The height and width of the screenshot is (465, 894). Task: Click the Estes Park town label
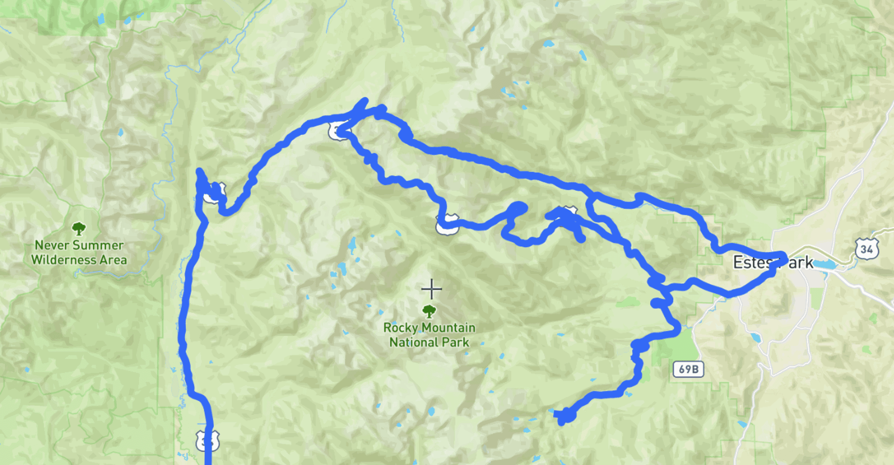click(773, 263)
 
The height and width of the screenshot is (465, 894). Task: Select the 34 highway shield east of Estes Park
click(867, 249)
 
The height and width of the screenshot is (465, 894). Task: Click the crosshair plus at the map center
click(432, 289)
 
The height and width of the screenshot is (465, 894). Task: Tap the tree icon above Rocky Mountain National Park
click(429, 311)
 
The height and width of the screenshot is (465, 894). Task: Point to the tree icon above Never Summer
click(79, 228)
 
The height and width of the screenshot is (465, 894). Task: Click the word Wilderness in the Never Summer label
click(64, 260)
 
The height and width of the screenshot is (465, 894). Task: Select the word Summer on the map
click(99, 245)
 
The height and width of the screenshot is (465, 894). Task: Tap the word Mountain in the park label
click(448, 328)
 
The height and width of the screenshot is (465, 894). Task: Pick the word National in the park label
click(410, 342)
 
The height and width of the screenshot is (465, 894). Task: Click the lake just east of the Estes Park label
click(825, 264)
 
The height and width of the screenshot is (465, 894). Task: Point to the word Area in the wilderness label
click(113, 260)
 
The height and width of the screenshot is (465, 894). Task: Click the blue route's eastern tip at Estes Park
click(783, 256)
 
